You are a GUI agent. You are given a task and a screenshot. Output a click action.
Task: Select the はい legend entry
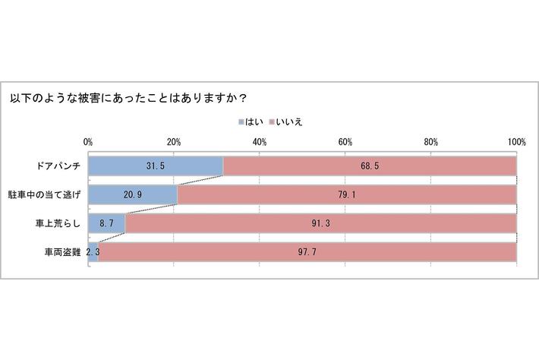[x=254, y=122]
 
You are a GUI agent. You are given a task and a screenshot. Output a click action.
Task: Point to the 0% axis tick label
[x=88, y=142]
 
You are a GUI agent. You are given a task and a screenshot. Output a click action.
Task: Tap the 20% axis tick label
[x=174, y=142]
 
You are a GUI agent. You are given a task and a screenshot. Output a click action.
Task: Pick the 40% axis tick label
[x=260, y=142]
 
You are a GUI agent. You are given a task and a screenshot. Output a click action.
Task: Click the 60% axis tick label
[x=345, y=142]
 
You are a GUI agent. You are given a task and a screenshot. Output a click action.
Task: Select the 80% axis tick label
[x=431, y=142]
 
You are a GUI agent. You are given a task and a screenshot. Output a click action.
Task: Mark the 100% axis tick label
[x=517, y=142]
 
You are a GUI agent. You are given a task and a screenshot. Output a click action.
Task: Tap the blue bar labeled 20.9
[x=132, y=195]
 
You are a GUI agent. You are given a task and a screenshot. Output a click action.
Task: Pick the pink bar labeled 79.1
[x=347, y=195]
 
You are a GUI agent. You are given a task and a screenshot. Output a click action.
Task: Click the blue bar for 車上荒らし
[x=106, y=224]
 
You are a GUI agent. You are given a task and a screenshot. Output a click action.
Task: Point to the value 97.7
[x=307, y=253]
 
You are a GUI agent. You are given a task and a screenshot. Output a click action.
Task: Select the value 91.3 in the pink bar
[x=321, y=224]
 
